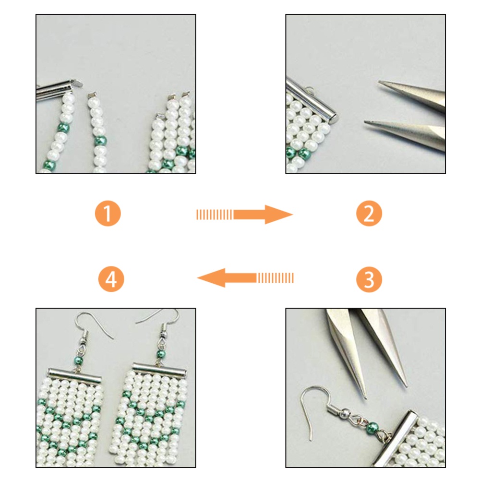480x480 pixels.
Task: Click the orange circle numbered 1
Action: [108, 214]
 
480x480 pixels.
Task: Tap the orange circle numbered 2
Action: [369, 214]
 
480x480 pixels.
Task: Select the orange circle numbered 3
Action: [369, 279]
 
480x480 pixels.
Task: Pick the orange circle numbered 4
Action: [111, 279]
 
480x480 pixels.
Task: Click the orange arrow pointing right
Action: [245, 214]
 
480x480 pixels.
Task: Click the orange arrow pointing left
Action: [245, 278]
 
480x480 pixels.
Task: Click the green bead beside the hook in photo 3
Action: [372, 427]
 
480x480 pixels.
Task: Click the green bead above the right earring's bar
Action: [161, 355]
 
